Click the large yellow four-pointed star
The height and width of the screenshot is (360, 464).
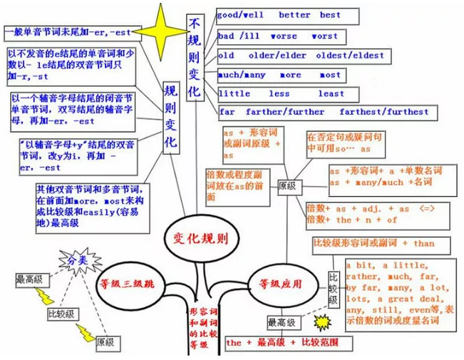158,32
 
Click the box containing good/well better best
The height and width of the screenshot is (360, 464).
279,15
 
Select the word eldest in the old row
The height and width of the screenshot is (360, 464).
368,55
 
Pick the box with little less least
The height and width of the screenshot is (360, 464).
281,93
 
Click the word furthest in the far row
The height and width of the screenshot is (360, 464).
403,112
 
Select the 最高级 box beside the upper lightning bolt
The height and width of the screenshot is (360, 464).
30,280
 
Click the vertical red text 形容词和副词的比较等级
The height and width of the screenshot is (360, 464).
198,327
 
